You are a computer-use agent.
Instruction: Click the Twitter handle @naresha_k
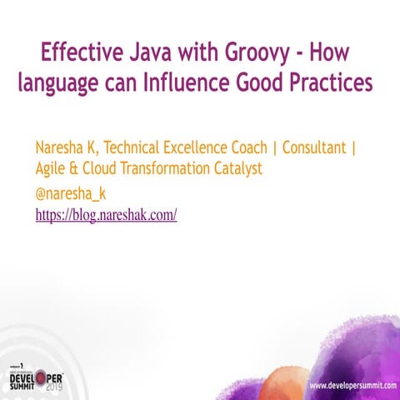[71, 193]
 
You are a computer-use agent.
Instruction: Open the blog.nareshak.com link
[106, 214]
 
